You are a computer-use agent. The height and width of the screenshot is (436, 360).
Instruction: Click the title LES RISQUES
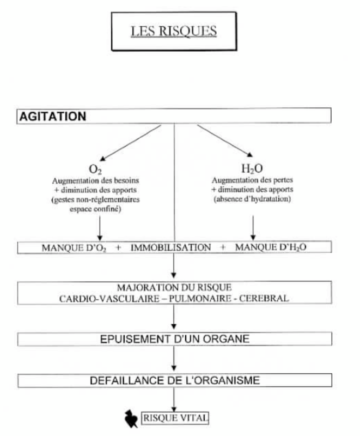(174, 31)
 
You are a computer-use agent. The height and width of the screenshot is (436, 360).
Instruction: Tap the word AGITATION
(53, 116)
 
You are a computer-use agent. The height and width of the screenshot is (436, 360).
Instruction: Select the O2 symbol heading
(95, 169)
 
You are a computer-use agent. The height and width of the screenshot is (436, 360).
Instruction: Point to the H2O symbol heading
(252, 168)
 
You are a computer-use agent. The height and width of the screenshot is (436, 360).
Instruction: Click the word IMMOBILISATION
(171, 247)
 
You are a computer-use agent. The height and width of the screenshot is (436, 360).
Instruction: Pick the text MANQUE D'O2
(74, 248)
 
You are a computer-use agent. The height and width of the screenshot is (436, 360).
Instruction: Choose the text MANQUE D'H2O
(271, 247)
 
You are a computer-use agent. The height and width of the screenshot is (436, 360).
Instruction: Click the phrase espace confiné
(95, 209)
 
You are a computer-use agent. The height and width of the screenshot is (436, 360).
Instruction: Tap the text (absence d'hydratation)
(252, 199)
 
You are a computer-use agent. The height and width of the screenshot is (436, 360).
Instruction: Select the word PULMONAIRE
(200, 298)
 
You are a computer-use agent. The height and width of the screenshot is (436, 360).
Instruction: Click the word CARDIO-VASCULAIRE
(109, 299)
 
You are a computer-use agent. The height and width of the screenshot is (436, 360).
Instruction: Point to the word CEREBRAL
(264, 298)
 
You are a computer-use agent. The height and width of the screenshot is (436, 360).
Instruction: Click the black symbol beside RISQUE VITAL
(131, 419)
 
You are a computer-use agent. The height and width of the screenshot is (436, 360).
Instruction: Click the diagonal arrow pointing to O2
(130, 143)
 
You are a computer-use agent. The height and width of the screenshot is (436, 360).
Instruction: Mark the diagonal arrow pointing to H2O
(225, 141)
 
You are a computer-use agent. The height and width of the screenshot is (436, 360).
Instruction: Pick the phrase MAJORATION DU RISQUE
(174, 287)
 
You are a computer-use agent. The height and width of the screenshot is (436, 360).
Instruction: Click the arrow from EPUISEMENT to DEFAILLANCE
(174, 358)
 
